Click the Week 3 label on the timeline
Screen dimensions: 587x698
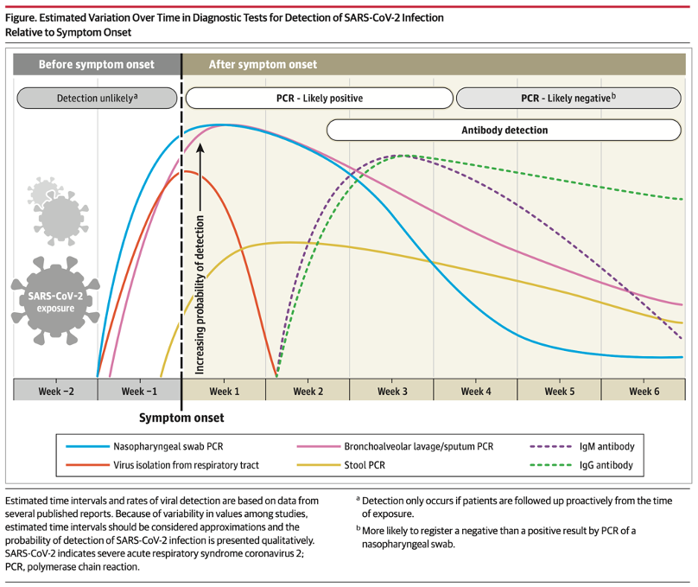tap(392, 391)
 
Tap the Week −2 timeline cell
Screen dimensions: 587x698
tap(56, 391)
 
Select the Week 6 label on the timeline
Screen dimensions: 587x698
tap(644, 391)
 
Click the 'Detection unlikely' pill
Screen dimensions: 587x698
tap(96, 99)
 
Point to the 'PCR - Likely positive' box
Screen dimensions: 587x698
tap(319, 99)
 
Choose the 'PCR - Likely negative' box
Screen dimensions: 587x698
tap(568, 99)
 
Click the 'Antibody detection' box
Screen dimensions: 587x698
tap(505, 131)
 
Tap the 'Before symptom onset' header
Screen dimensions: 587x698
tap(97, 64)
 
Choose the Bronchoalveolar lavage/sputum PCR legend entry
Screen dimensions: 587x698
tap(406, 447)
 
